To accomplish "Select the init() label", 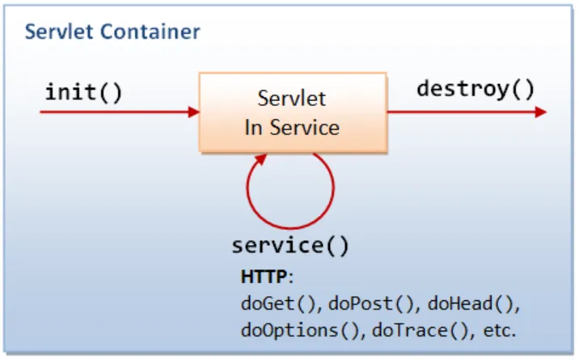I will point(83,92).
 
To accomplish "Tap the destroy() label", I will point(475,89).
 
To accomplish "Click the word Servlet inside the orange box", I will point(291,100).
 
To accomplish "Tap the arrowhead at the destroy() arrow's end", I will point(539,112).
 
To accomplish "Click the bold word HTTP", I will point(263,277).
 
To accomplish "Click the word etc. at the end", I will point(497,329).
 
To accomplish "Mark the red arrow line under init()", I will point(113,112).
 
